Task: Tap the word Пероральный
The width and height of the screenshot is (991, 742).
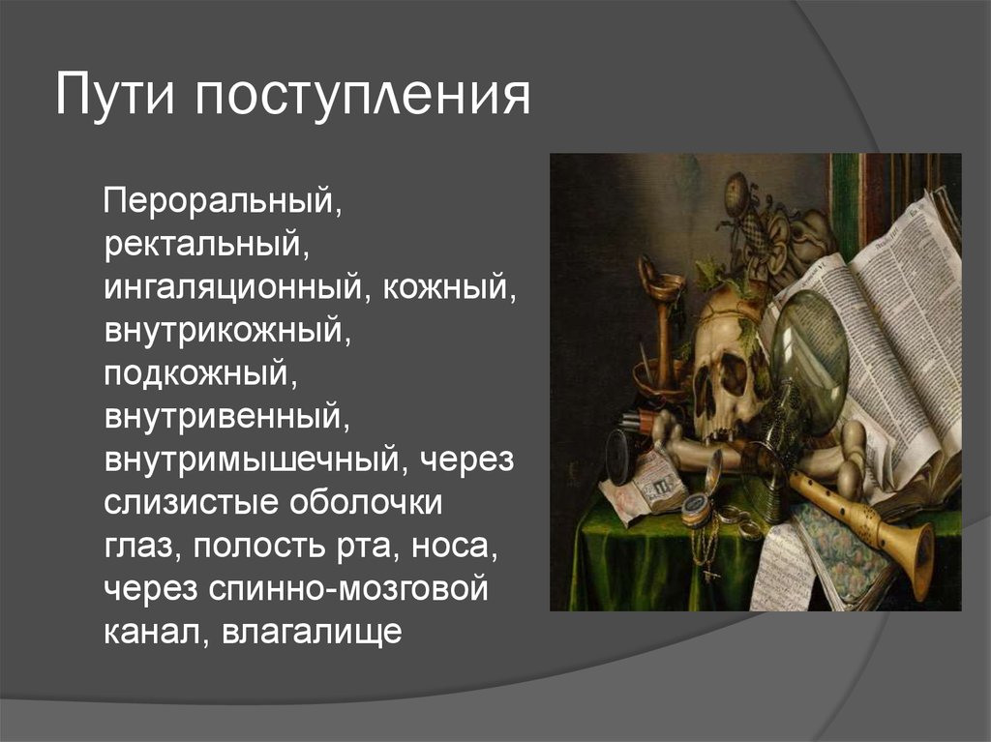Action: coord(222,203)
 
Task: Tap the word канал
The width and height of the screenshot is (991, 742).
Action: coord(155,634)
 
